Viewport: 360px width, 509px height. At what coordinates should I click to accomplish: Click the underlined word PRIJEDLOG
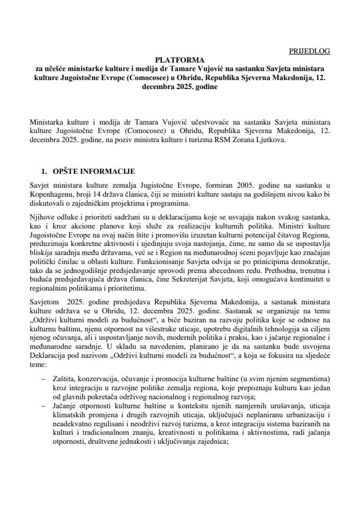[309, 51]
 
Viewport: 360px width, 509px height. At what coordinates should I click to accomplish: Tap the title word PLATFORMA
[180, 60]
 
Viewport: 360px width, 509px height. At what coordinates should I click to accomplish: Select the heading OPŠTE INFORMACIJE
[94, 172]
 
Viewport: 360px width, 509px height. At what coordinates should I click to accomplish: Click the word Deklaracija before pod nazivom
[50, 355]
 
